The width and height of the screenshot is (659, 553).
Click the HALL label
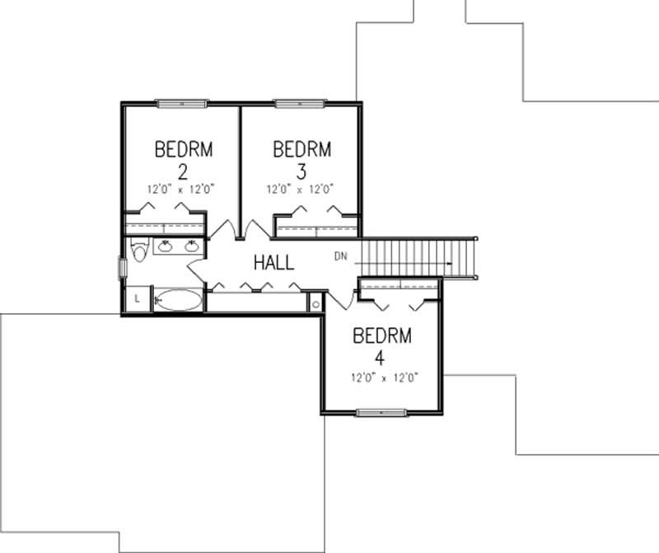(x=273, y=263)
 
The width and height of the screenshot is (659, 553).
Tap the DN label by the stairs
(x=340, y=255)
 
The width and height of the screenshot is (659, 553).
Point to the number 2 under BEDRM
(x=183, y=171)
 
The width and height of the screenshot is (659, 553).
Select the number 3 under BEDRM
(x=301, y=171)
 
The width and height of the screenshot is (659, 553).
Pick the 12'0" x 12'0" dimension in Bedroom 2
(x=181, y=189)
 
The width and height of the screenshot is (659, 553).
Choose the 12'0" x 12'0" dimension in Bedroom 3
(x=299, y=189)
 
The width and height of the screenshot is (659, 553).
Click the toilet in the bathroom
(x=138, y=251)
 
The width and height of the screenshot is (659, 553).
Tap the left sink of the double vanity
(x=165, y=245)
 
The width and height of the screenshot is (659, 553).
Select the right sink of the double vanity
(x=192, y=245)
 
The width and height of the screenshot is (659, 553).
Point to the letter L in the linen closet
(x=137, y=298)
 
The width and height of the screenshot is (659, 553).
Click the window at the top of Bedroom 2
(x=181, y=103)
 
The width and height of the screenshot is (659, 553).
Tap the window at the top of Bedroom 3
(x=299, y=103)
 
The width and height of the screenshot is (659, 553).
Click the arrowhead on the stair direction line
(x=449, y=264)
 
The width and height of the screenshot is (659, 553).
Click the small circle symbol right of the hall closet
(x=316, y=303)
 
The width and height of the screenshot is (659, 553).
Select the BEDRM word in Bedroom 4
(x=381, y=336)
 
